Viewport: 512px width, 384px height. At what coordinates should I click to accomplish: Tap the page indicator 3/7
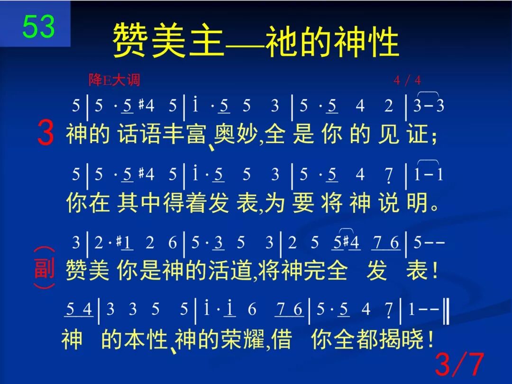[459, 364]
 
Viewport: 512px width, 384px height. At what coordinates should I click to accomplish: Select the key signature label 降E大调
[114, 80]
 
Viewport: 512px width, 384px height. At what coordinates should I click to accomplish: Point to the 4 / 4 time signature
[407, 80]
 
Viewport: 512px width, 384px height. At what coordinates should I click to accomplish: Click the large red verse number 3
[45, 134]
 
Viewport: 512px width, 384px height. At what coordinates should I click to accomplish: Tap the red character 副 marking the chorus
[45, 268]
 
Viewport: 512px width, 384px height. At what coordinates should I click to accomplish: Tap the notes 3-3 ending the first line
[429, 106]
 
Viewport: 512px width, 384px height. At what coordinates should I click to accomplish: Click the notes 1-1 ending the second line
[429, 174]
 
